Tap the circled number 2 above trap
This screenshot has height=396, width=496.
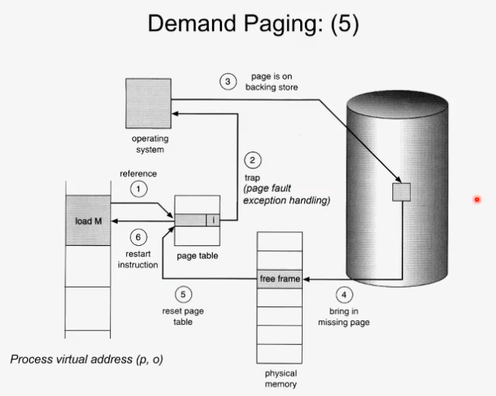pos(252,161)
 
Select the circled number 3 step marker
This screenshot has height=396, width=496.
pos(227,82)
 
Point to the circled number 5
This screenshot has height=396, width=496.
pos(183,295)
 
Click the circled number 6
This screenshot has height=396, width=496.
pos(138,238)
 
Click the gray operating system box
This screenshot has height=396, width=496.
pos(148,103)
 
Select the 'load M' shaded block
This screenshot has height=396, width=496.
pos(88,221)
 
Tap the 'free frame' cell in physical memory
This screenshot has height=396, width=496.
pos(279,278)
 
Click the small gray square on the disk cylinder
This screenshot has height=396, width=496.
pos(401,192)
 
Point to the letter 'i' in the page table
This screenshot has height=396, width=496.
pos(214,220)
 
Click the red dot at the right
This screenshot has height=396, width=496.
pos(478,200)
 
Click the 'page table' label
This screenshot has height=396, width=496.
pos(198,256)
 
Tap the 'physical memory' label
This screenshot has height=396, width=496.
pos(280,379)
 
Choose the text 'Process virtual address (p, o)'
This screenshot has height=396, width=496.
pos(87,360)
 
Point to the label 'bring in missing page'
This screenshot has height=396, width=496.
pos(344,317)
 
